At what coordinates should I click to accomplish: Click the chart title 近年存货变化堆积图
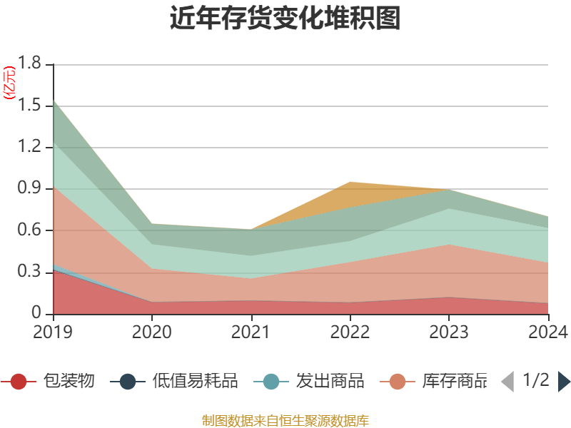285,19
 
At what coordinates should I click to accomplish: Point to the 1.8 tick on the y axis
31,65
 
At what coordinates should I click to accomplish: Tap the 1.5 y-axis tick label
31,106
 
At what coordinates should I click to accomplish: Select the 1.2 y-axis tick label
31,148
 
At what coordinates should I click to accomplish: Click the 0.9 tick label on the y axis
31,189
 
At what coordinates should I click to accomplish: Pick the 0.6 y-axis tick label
31,230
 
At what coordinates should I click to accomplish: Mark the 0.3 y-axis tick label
31,272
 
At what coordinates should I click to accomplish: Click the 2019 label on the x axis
53,332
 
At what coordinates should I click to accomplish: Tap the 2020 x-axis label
151,332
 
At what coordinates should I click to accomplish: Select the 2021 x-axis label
251,332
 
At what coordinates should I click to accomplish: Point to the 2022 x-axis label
350,332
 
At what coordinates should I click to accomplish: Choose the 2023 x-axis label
448,332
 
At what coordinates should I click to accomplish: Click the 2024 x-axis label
547,332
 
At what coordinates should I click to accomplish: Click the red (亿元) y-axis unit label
9,83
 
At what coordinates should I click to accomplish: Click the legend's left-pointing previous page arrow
507,382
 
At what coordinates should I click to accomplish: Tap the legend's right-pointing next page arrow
564,382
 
